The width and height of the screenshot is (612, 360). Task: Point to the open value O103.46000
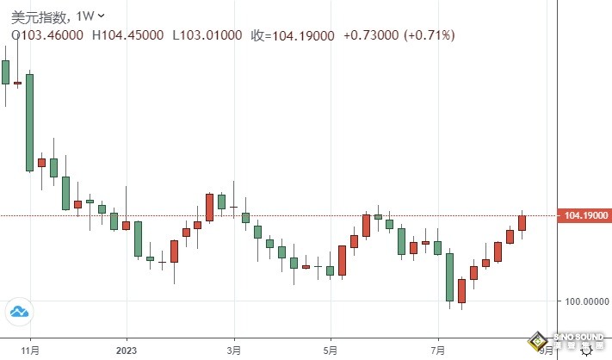(46, 34)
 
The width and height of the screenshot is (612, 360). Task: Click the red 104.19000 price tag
(584, 215)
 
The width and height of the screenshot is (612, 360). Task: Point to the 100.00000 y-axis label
(584, 301)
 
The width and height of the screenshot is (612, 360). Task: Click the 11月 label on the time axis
(30, 351)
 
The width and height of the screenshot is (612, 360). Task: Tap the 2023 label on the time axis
(127, 351)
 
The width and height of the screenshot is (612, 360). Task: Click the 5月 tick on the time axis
(331, 351)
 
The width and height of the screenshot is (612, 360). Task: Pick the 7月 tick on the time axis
(437, 351)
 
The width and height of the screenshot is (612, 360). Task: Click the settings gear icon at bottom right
(585, 348)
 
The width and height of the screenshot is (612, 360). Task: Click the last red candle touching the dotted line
(522, 223)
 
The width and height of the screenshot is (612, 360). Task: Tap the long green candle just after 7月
(448, 276)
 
